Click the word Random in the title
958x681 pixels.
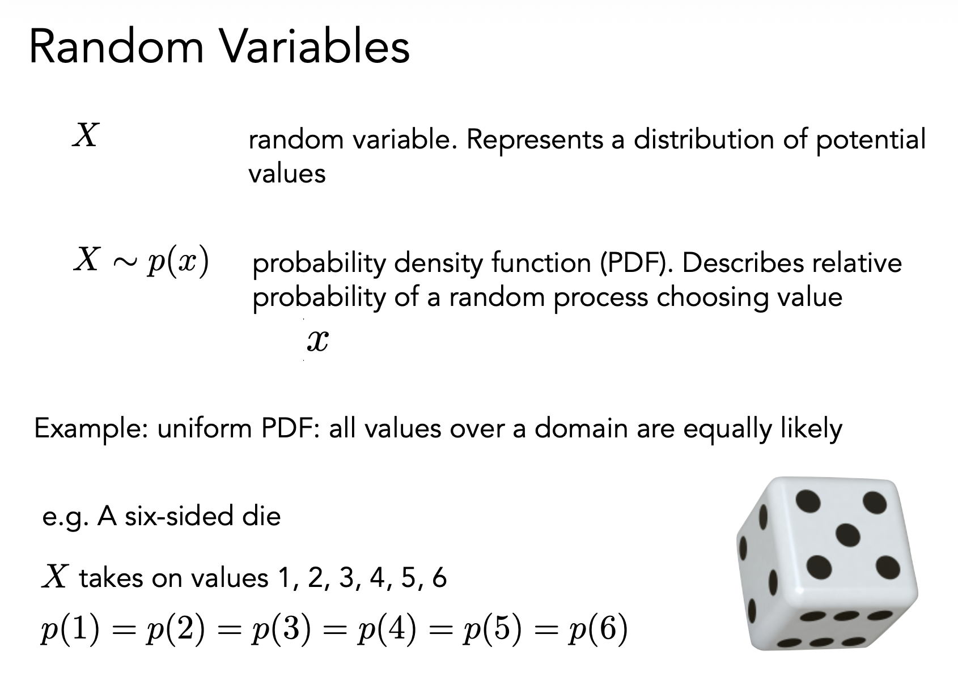116,46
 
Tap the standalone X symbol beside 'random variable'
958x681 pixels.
86,135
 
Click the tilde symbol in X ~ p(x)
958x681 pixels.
125,262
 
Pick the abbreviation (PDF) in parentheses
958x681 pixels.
633,262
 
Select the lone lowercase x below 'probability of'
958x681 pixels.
318,341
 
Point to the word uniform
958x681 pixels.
205,428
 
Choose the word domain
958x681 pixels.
581,428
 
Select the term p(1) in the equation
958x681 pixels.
70,629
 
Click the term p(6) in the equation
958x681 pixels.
598,629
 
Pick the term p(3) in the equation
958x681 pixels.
281,629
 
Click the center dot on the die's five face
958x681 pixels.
847,535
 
